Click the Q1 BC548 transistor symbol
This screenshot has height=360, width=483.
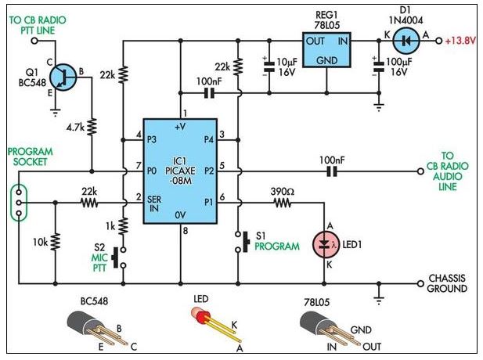click(63, 77)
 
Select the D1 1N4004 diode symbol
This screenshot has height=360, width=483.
click(406, 41)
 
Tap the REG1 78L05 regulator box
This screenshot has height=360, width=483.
click(326, 49)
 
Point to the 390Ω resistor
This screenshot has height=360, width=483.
click(281, 203)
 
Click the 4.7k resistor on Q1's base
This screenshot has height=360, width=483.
click(92, 127)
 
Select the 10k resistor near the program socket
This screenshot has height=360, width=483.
click(56, 241)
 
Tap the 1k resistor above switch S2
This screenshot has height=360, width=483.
click(123, 225)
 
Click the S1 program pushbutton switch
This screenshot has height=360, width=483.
click(242, 242)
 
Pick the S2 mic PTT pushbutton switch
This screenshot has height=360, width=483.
click(120, 257)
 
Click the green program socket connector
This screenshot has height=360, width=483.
click(19, 203)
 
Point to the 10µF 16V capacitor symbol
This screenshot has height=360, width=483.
click(269, 67)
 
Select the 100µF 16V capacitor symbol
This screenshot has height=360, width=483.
click(379, 67)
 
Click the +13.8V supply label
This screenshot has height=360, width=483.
click(460, 41)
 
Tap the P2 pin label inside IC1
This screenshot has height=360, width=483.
click(209, 171)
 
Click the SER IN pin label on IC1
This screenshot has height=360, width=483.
click(153, 203)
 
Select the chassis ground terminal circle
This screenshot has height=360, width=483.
click(420, 283)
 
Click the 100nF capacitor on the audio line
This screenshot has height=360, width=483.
click(332, 171)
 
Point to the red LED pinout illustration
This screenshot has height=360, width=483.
click(215, 324)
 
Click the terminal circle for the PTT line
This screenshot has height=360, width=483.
click(34, 41)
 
